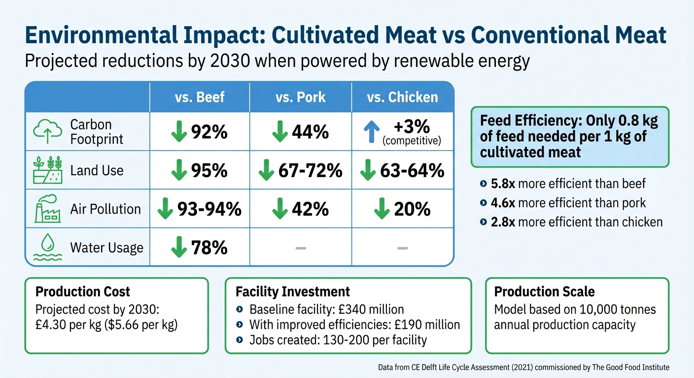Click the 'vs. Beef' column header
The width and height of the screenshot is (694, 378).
pyautogui.click(x=200, y=97)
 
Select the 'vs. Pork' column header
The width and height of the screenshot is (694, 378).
pyautogui.click(x=301, y=97)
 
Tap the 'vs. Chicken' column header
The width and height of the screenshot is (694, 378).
pyautogui.click(x=402, y=97)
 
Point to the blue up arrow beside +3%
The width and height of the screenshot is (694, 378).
pyautogui.click(x=371, y=132)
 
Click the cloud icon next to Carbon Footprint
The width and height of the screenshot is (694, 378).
pyautogui.click(x=47, y=131)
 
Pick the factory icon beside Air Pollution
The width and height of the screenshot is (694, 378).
pyautogui.click(x=47, y=209)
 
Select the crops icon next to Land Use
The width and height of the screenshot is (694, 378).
pyautogui.click(x=47, y=170)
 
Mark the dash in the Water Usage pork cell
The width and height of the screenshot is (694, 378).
pyautogui.click(x=301, y=248)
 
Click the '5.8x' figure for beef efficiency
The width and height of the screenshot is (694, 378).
pyautogui.click(x=503, y=184)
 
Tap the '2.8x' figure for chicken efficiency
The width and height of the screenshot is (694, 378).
pyautogui.click(x=503, y=222)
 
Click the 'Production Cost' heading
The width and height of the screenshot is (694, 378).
pyautogui.click(x=83, y=291)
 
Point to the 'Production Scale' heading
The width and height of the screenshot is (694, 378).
pyautogui.click(x=544, y=291)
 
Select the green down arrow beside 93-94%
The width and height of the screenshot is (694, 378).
pyautogui.click(x=165, y=209)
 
